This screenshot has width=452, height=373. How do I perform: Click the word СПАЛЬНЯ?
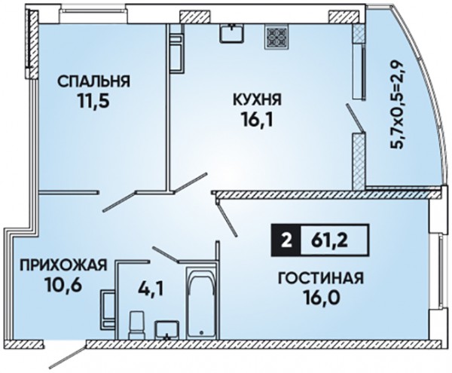[93, 81]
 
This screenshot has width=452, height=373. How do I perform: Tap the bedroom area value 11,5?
[93, 101]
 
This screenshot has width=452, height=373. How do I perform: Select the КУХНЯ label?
[257, 100]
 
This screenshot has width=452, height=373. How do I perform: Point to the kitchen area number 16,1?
[257, 120]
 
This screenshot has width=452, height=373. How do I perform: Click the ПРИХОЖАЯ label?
[63, 265]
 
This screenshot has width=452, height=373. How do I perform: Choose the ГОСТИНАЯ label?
[321, 279]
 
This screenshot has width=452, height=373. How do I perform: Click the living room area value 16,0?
[321, 298]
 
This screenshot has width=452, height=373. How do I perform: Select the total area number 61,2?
[329, 240]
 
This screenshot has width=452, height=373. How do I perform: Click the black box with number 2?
[286, 240]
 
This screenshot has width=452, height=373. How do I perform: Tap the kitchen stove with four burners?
[276, 35]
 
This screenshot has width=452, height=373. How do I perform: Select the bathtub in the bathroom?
[201, 302]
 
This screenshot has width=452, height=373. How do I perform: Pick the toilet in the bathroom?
[136, 325]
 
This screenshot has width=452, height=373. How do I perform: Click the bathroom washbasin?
[166, 330]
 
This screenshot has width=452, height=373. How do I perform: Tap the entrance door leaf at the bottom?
[69, 354]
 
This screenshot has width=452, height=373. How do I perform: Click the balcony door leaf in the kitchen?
[356, 118]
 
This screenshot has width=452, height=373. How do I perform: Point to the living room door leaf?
[227, 219]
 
